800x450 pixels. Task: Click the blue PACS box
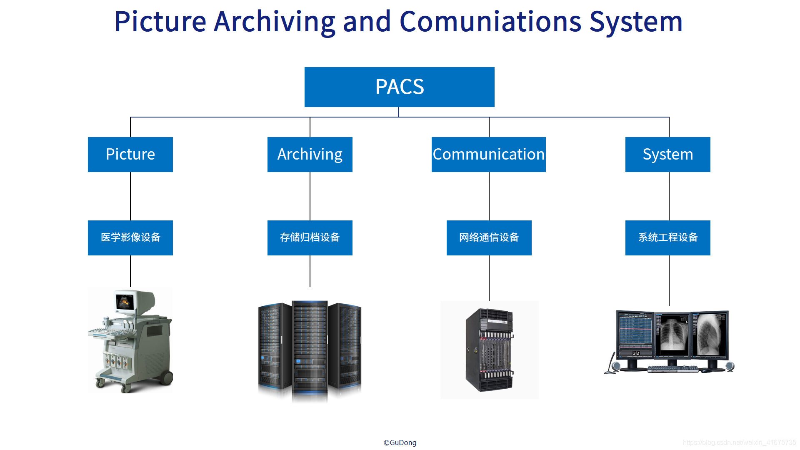click(399, 87)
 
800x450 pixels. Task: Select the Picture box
click(130, 155)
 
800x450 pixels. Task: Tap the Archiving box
click(310, 155)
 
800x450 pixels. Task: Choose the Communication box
click(488, 155)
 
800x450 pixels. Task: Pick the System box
click(667, 155)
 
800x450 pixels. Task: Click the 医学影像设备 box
click(130, 237)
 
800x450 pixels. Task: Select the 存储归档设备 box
click(310, 237)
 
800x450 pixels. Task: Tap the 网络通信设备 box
click(489, 237)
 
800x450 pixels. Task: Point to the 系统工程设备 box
click(667, 237)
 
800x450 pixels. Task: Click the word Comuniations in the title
click(490, 22)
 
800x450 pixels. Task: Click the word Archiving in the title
click(274, 22)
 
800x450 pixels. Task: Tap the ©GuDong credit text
click(400, 442)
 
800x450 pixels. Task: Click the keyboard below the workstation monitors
click(673, 369)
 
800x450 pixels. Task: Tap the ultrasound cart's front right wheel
click(167, 378)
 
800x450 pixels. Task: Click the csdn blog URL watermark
click(739, 442)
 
